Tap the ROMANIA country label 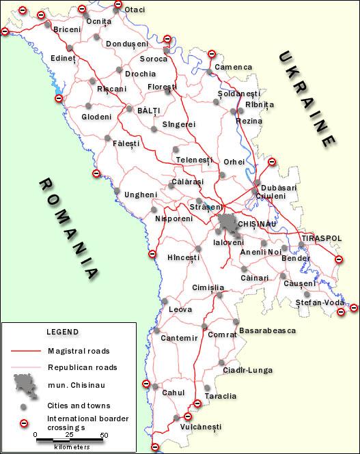[68, 229]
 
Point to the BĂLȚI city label [148, 110]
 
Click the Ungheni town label [140, 195]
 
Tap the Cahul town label [174, 393]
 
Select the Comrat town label [222, 335]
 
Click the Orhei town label [234, 162]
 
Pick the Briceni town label [67, 30]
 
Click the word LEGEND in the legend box [62, 332]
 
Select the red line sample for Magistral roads [26, 350]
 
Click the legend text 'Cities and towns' [79, 406]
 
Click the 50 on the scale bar [104, 435]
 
